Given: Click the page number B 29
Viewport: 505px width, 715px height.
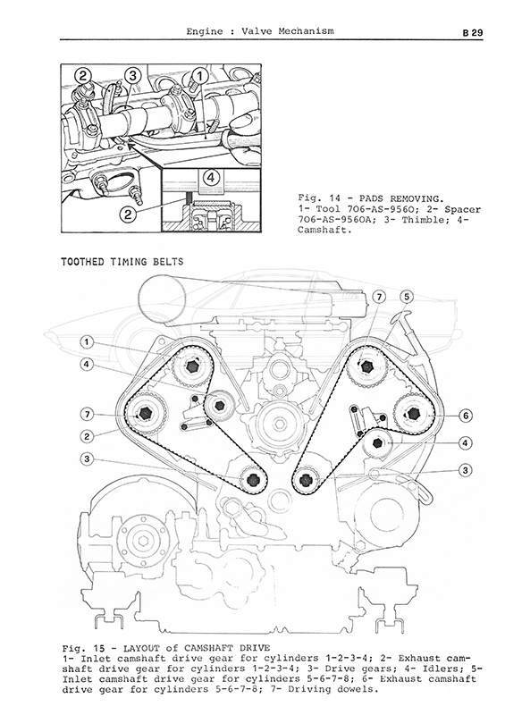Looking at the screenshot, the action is click(472, 33).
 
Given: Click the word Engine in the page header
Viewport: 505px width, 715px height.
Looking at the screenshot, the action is click(205, 31).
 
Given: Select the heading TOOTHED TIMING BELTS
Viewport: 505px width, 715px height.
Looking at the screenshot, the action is click(122, 262).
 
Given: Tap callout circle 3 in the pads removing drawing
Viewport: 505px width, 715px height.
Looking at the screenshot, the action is click(132, 76).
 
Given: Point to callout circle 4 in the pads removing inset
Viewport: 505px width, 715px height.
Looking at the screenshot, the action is click(210, 177).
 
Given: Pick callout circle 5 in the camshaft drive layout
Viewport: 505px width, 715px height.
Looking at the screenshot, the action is click(407, 298).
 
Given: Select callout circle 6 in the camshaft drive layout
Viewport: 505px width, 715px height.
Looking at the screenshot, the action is click(466, 416).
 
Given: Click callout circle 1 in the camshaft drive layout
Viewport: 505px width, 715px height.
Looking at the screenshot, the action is click(87, 341).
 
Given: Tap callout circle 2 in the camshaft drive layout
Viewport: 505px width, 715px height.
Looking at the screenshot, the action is click(87, 436).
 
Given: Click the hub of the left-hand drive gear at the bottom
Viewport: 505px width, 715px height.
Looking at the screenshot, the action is click(252, 480).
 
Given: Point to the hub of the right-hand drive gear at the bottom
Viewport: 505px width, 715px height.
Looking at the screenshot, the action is click(305, 480).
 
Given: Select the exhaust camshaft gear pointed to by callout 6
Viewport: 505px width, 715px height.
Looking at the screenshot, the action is click(413, 413).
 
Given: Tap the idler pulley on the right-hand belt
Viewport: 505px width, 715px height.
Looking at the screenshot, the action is click(378, 442).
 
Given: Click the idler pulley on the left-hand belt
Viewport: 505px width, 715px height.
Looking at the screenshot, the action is click(219, 405).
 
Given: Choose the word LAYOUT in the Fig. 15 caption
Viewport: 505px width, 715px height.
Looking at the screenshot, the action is click(139, 649).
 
